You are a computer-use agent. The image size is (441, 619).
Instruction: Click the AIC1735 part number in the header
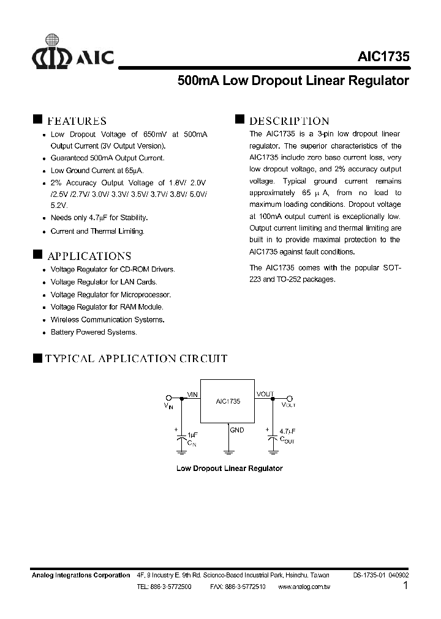tap(383, 57)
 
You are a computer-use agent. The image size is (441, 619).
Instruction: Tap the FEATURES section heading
tap(77, 121)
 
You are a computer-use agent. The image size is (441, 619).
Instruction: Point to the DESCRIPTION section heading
tap(288, 121)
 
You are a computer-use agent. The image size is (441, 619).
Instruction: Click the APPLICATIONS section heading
tap(89, 256)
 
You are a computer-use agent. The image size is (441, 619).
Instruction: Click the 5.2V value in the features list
tap(59, 206)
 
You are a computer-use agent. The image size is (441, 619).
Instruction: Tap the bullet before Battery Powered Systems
tap(44, 333)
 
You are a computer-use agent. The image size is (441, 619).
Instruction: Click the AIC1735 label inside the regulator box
tap(228, 402)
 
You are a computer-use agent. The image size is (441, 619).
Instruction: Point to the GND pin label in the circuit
tap(237, 430)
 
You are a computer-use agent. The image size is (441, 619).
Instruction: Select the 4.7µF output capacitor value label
tap(288, 431)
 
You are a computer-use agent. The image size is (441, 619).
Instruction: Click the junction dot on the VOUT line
tap(270, 398)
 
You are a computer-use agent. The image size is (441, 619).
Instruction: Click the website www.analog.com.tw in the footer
tap(304, 587)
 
